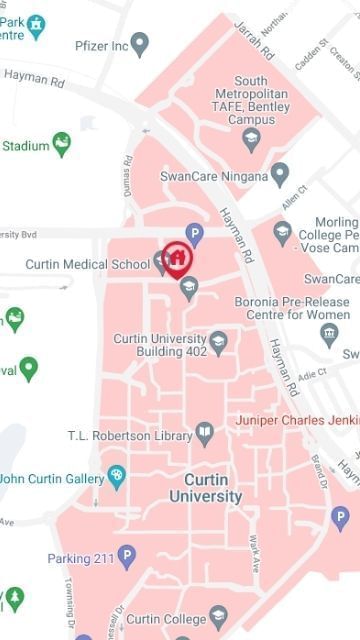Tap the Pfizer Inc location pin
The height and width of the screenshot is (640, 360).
click(x=140, y=44)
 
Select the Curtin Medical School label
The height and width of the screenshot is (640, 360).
click(x=88, y=265)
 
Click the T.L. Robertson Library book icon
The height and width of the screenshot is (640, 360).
click(x=205, y=434)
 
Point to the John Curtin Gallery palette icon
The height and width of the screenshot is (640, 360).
click(x=117, y=475)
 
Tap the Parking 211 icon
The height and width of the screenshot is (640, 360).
click(x=126, y=556)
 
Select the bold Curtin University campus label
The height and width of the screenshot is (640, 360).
click(x=205, y=487)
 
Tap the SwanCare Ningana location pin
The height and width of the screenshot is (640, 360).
click(x=280, y=175)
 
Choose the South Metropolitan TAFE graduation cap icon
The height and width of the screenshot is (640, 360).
click(x=252, y=138)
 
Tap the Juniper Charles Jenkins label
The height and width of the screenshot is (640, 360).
click(x=296, y=420)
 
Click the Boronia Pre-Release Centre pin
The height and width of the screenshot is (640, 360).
click(x=329, y=335)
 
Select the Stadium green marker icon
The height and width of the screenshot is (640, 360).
click(x=63, y=145)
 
